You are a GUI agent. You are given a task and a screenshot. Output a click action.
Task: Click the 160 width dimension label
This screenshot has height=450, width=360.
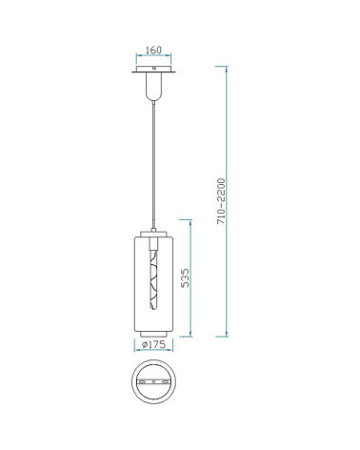click(x=153, y=50)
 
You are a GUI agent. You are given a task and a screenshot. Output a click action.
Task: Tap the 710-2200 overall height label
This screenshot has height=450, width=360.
click(x=221, y=201)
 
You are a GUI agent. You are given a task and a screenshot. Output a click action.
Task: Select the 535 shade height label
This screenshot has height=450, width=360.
click(x=185, y=277)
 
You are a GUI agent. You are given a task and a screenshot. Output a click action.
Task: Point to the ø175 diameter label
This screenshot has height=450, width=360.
click(x=153, y=344)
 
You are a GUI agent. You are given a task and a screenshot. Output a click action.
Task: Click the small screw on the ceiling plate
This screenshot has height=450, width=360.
click(x=154, y=68)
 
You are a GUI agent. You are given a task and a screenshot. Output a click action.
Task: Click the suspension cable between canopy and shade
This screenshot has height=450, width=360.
click(x=154, y=165)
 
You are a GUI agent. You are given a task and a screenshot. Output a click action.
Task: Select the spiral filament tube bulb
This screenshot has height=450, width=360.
click(x=153, y=279)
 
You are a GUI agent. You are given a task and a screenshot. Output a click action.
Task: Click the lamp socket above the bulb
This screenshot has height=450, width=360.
click(x=153, y=244)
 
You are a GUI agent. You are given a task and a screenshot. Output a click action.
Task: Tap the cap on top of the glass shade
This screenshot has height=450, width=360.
click(x=153, y=234)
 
